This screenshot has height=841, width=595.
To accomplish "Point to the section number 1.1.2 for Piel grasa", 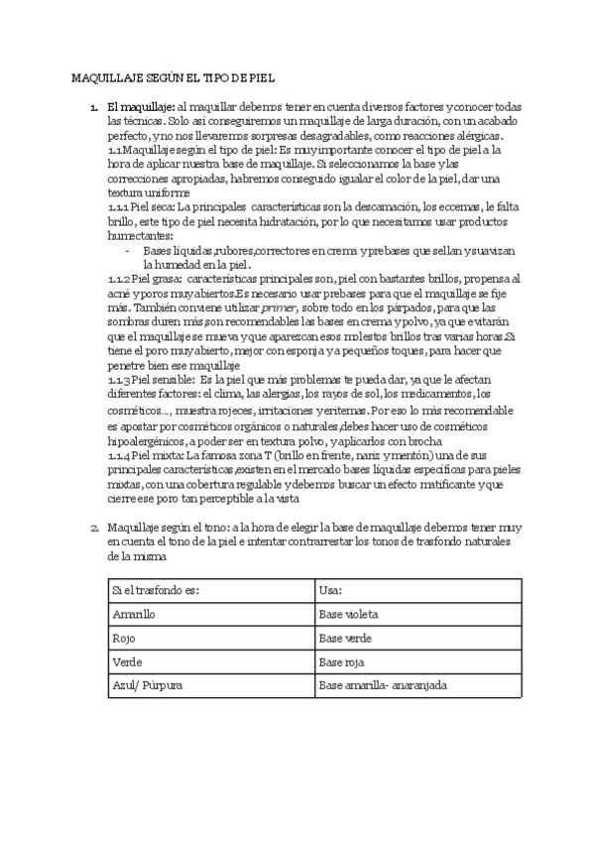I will click(x=118, y=280).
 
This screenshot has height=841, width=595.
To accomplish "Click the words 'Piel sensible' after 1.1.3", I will click(x=162, y=381).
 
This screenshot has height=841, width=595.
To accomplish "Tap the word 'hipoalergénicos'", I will click(x=150, y=438).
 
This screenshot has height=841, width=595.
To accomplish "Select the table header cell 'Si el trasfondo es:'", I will click(x=157, y=591).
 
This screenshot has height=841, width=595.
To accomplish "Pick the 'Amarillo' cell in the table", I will click(x=135, y=615).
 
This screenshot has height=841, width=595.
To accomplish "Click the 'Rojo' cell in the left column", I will click(x=124, y=639).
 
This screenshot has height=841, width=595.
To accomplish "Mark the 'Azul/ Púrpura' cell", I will click(x=148, y=685).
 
